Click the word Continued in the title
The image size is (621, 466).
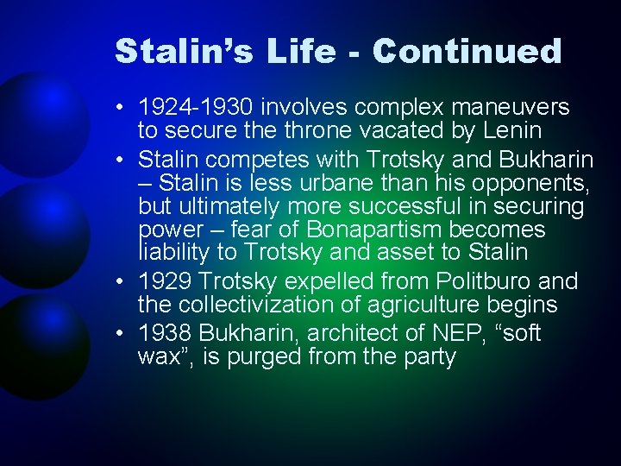coord(467,51)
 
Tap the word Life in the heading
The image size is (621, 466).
coord(295,51)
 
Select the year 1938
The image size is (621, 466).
coord(167,334)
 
